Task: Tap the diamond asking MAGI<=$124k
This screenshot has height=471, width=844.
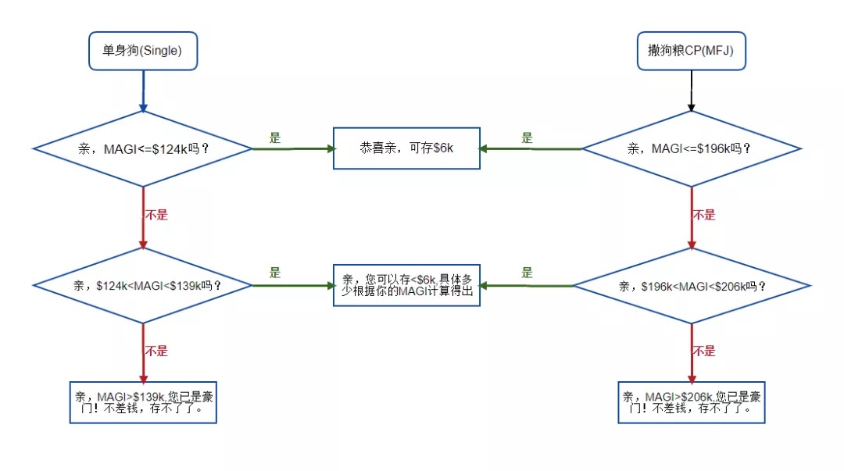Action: [x=143, y=148]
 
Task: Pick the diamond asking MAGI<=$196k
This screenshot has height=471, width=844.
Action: [x=692, y=148]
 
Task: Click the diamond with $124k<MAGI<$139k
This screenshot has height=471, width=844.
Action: [x=143, y=285]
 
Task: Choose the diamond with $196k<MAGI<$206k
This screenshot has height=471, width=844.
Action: [x=692, y=286]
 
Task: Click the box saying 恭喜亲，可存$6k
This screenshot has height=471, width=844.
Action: [x=406, y=148]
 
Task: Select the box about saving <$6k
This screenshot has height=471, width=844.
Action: [x=406, y=284]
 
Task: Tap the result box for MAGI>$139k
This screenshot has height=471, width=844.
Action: [x=143, y=401]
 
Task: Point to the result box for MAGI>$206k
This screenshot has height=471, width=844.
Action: [x=692, y=401]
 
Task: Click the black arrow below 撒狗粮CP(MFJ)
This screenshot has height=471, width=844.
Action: [x=691, y=91]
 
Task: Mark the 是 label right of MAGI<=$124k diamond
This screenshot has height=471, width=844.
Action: [x=274, y=138]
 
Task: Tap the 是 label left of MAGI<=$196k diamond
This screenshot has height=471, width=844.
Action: [x=527, y=138]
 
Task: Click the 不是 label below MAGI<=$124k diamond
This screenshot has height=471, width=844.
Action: [x=156, y=215]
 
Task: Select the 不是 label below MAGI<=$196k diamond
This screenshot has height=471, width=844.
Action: [x=704, y=215]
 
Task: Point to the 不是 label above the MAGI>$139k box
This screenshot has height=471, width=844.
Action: [x=156, y=351]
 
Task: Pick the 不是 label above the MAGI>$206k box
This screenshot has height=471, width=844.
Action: [x=704, y=351]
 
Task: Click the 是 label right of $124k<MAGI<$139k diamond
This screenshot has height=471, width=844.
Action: [x=274, y=273]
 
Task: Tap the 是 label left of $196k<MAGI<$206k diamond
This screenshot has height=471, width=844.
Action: [x=527, y=273]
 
